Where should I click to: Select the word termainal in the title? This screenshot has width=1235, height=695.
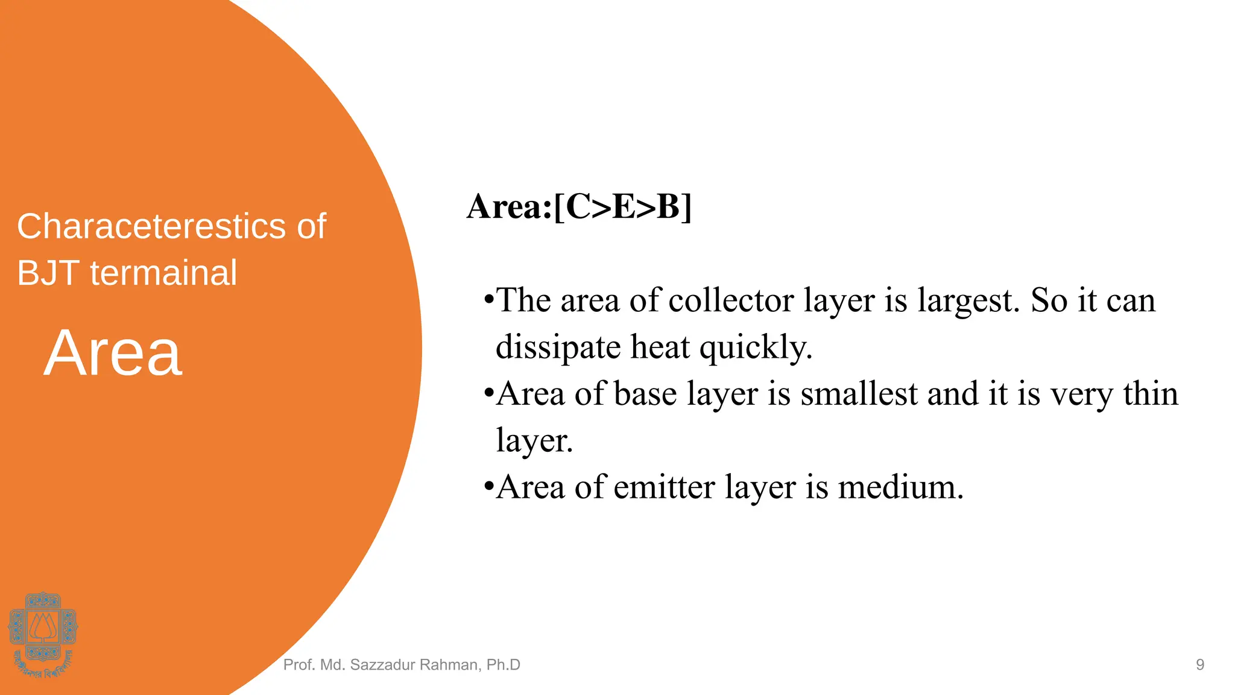click(x=163, y=273)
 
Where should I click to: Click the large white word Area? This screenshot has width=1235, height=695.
click(x=113, y=354)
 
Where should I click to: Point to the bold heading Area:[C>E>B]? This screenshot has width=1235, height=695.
click(x=579, y=207)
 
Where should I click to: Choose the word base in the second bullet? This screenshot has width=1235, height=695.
click(x=645, y=394)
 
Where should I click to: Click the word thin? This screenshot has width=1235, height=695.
click(x=1150, y=394)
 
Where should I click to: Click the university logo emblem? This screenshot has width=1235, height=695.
click(x=43, y=633)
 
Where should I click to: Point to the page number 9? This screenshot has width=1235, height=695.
click(x=1200, y=665)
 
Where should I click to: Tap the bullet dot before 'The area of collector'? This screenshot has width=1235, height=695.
click(x=489, y=300)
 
